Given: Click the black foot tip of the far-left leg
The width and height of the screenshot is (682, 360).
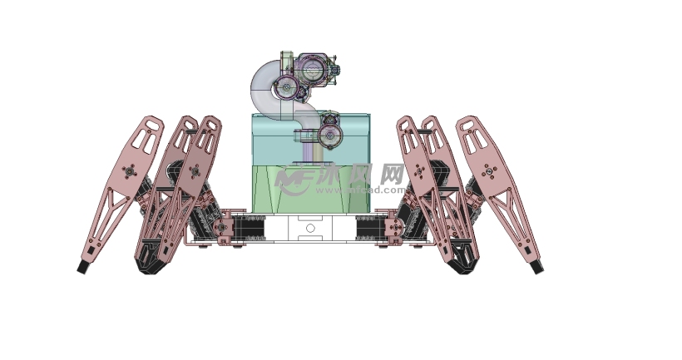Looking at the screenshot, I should (x=83, y=268).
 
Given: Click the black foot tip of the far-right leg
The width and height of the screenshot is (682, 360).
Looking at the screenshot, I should (x=537, y=267).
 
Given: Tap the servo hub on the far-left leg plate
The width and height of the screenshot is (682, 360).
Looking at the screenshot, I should (x=128, y=171).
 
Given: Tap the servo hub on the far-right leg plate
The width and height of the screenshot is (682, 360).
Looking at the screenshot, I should (x=488, y=172).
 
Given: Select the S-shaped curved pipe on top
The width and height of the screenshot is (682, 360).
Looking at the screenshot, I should (x=270, y=91).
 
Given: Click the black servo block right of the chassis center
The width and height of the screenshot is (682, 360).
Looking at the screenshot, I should (x=368, y=228).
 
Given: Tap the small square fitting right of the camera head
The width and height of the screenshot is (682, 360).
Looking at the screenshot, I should (x=336, y=75).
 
